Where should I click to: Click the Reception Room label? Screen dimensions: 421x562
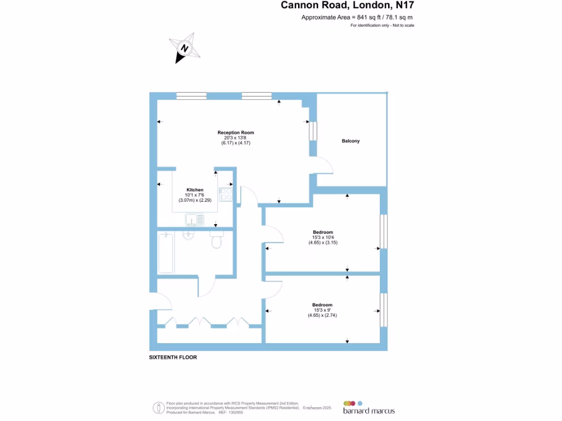(235, 133)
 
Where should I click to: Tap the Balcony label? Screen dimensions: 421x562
(351, 141)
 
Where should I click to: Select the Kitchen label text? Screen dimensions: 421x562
(195, 190)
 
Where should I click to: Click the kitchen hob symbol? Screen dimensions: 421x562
(226, 194)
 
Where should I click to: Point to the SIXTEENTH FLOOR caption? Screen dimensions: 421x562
(173, 357)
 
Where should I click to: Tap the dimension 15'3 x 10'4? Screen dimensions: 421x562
(323, 237)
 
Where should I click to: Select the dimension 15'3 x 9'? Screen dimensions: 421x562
(322, 310)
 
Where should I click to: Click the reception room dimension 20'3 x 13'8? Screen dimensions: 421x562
(235, 138)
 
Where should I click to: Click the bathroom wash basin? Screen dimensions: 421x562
(188, 235)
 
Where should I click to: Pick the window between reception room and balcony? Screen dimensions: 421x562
(313, 132)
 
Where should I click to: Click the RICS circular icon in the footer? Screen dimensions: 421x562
(158, 408)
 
